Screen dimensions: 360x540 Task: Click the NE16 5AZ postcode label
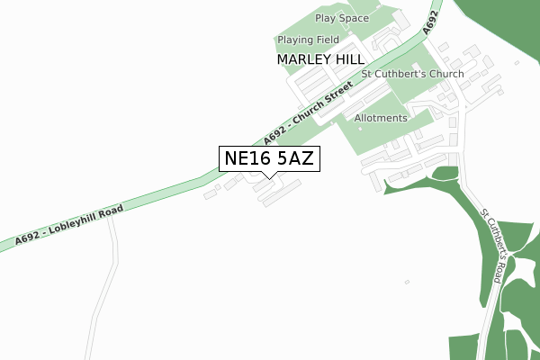tap(268, 158)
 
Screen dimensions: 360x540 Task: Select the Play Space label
tap(342, 18)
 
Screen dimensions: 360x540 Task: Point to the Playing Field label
tap(308, 40)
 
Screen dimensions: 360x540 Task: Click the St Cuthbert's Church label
tap(412, 74)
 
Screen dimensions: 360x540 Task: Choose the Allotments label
tap(381, 118)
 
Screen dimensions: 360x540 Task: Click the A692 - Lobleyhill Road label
tap(68, 225)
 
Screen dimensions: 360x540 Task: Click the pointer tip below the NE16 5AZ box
tap(268, 176)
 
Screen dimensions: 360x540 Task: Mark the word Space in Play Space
tap(354, 18)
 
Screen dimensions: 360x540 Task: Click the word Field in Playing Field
tap(324, 40)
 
